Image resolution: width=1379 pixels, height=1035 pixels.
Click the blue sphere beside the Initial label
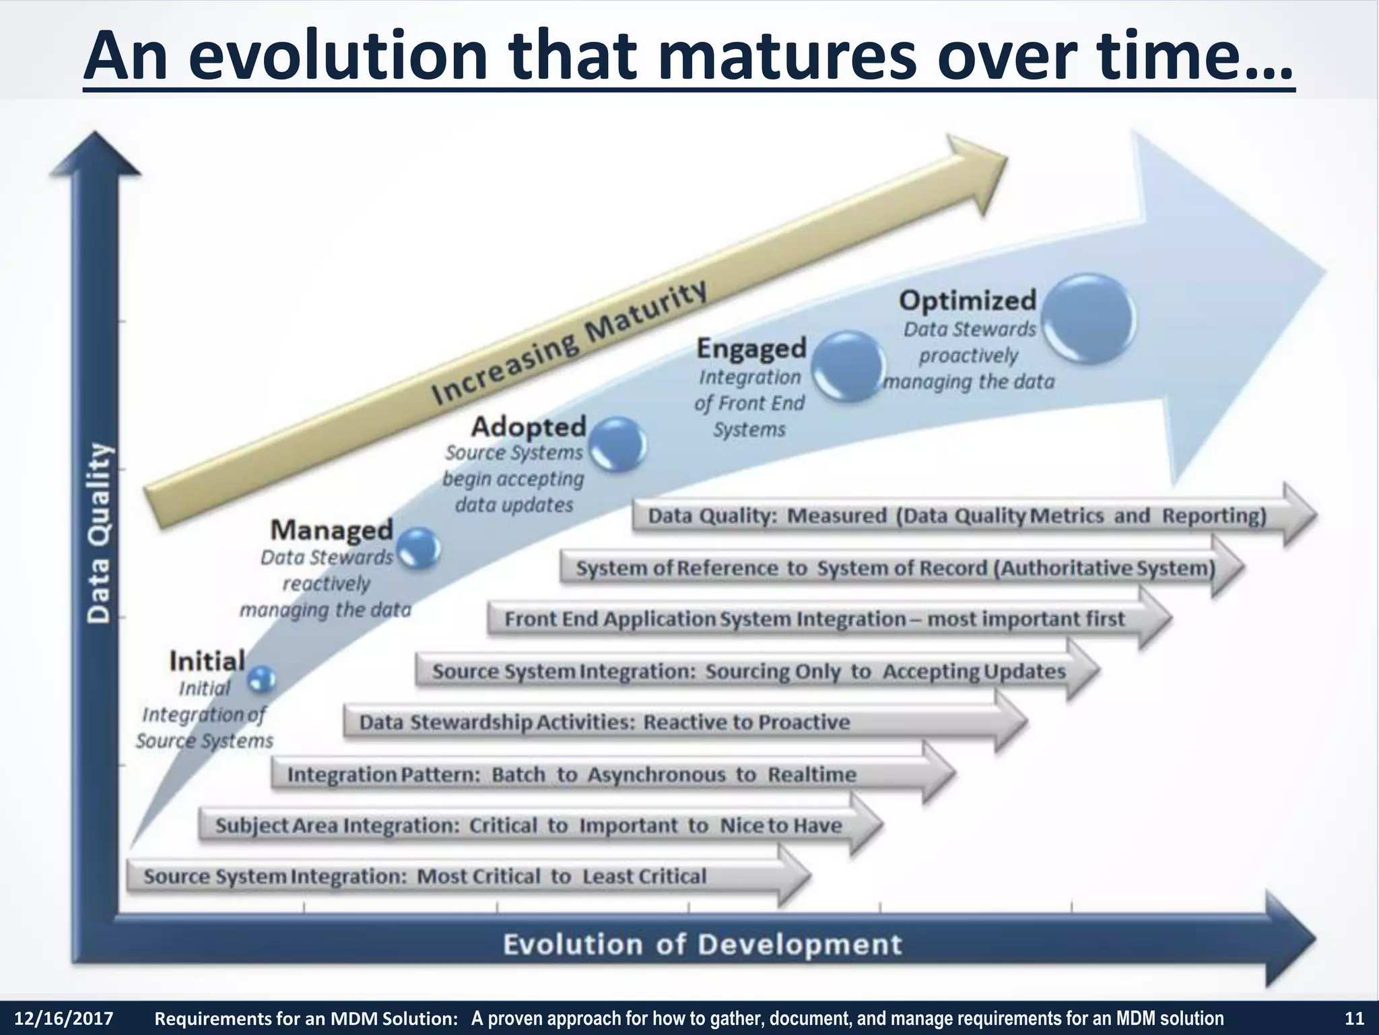coord(261,679)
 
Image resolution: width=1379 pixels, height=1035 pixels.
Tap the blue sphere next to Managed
coord(419,547)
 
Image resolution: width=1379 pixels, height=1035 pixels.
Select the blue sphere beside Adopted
coord(617,445)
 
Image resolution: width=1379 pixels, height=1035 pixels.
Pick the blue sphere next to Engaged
coord(846,367)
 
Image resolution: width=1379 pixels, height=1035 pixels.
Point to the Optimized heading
coord(967,301)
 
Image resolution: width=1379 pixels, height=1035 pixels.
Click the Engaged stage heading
coord(751,348)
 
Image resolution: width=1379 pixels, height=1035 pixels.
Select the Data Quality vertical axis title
coord(99,532)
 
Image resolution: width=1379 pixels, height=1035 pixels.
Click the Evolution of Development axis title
coord(702,945)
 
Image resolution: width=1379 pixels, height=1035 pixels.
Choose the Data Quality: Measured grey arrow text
coord(956,516)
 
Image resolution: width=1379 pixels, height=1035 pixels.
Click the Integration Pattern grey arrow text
coord(571,775)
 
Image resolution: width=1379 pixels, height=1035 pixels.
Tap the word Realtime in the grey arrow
coord(812,775)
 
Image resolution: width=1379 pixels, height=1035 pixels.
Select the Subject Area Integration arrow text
coord(528,826)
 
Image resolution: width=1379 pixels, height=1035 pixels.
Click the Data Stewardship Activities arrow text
coord(604,722)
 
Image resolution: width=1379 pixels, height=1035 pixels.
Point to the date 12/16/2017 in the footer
coord(64,1018)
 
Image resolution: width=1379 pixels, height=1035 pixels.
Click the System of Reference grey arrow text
coord(896,569)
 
